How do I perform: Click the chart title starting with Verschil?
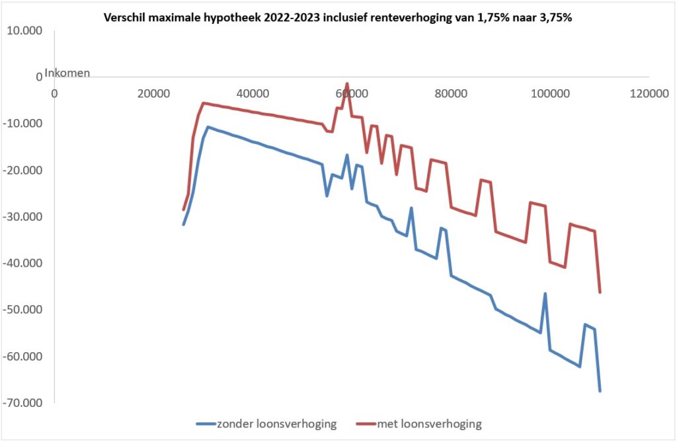(338, 18)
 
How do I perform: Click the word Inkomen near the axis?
(67, 73)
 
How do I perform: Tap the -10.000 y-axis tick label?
(23, 124)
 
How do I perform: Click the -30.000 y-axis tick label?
(23, 217)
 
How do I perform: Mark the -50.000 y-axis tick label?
(23, 310)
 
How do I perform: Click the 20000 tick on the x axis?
(153, 94)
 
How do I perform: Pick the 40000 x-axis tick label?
(253, 94)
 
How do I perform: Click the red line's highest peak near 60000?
(347, 84)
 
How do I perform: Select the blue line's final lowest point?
(600, 391)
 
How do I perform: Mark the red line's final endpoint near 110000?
(600, 292)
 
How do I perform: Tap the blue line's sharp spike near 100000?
(545, 293)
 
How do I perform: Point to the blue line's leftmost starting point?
(184, 225)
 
